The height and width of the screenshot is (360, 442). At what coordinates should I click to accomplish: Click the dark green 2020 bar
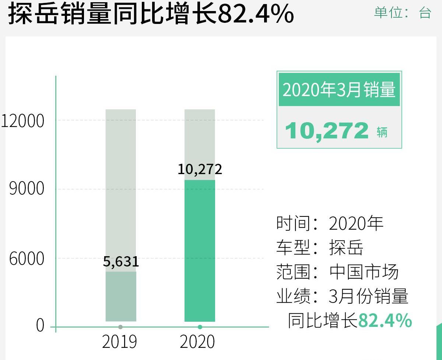click(x=200, y=250)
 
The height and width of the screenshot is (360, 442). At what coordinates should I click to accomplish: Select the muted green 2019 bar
click(x=121, y=296)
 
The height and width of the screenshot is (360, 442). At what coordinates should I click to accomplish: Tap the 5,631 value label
click(x=121, y=262)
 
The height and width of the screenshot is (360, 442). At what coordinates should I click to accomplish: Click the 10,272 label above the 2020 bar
click(x=200, y=169)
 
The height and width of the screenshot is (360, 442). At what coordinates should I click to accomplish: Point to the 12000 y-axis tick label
click(x=23, y=121)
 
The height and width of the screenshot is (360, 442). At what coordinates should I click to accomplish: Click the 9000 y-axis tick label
click(x=27, y=189)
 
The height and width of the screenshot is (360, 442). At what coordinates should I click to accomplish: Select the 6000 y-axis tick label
click(x=27, y=259)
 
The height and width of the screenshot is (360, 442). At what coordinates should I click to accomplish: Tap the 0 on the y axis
click(x=40, y=326)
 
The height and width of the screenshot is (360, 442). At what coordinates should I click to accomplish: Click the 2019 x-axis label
click(x=119, y=342)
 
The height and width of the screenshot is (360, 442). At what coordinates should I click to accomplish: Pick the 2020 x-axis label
click(x=197, y=342)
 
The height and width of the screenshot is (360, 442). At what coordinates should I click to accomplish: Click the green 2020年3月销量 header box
click(x=339, y=89)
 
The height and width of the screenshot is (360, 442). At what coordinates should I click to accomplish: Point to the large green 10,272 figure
click(x=327, y=131)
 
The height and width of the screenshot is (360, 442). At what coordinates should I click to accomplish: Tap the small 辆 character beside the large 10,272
click(x=382, y=132)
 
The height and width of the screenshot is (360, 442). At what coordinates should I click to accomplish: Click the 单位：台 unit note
click(x=402, y=13)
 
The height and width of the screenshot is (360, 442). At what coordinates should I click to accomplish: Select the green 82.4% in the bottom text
click(x=385, y=321)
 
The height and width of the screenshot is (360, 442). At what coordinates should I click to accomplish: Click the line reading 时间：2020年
click(x=330, y=223)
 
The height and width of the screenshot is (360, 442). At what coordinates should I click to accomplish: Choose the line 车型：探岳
click(x=320, y=248)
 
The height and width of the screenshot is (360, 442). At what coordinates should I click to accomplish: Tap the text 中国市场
click(x=364, y=272)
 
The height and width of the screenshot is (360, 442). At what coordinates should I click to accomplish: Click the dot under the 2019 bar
click(x=120, y=327)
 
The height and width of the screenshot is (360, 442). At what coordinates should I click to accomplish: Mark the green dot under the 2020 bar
click(x=200, y=327)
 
